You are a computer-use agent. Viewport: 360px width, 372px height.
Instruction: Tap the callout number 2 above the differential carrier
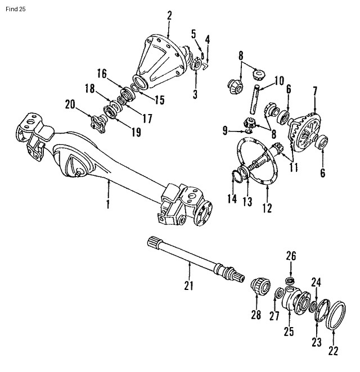169,15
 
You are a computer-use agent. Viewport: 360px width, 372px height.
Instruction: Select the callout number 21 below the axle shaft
188,285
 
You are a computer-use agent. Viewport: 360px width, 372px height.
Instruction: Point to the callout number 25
289,332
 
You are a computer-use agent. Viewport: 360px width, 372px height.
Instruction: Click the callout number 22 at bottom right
334,351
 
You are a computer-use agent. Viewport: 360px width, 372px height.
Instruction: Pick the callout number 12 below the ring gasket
267,208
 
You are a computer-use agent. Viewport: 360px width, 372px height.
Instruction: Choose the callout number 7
315,89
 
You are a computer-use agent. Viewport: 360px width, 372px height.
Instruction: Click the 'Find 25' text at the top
14,10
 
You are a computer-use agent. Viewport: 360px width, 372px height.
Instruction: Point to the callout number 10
280,81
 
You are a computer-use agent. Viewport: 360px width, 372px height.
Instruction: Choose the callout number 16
101,73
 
